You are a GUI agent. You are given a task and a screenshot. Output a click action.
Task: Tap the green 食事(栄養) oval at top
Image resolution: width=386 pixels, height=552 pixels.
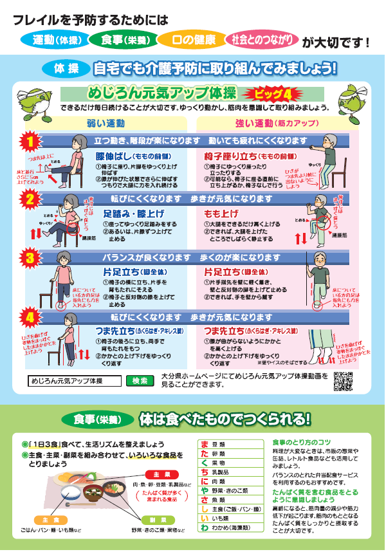[122, 39]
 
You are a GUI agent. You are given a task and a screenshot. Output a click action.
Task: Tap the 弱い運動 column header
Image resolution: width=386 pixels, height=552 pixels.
[106, 123]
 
